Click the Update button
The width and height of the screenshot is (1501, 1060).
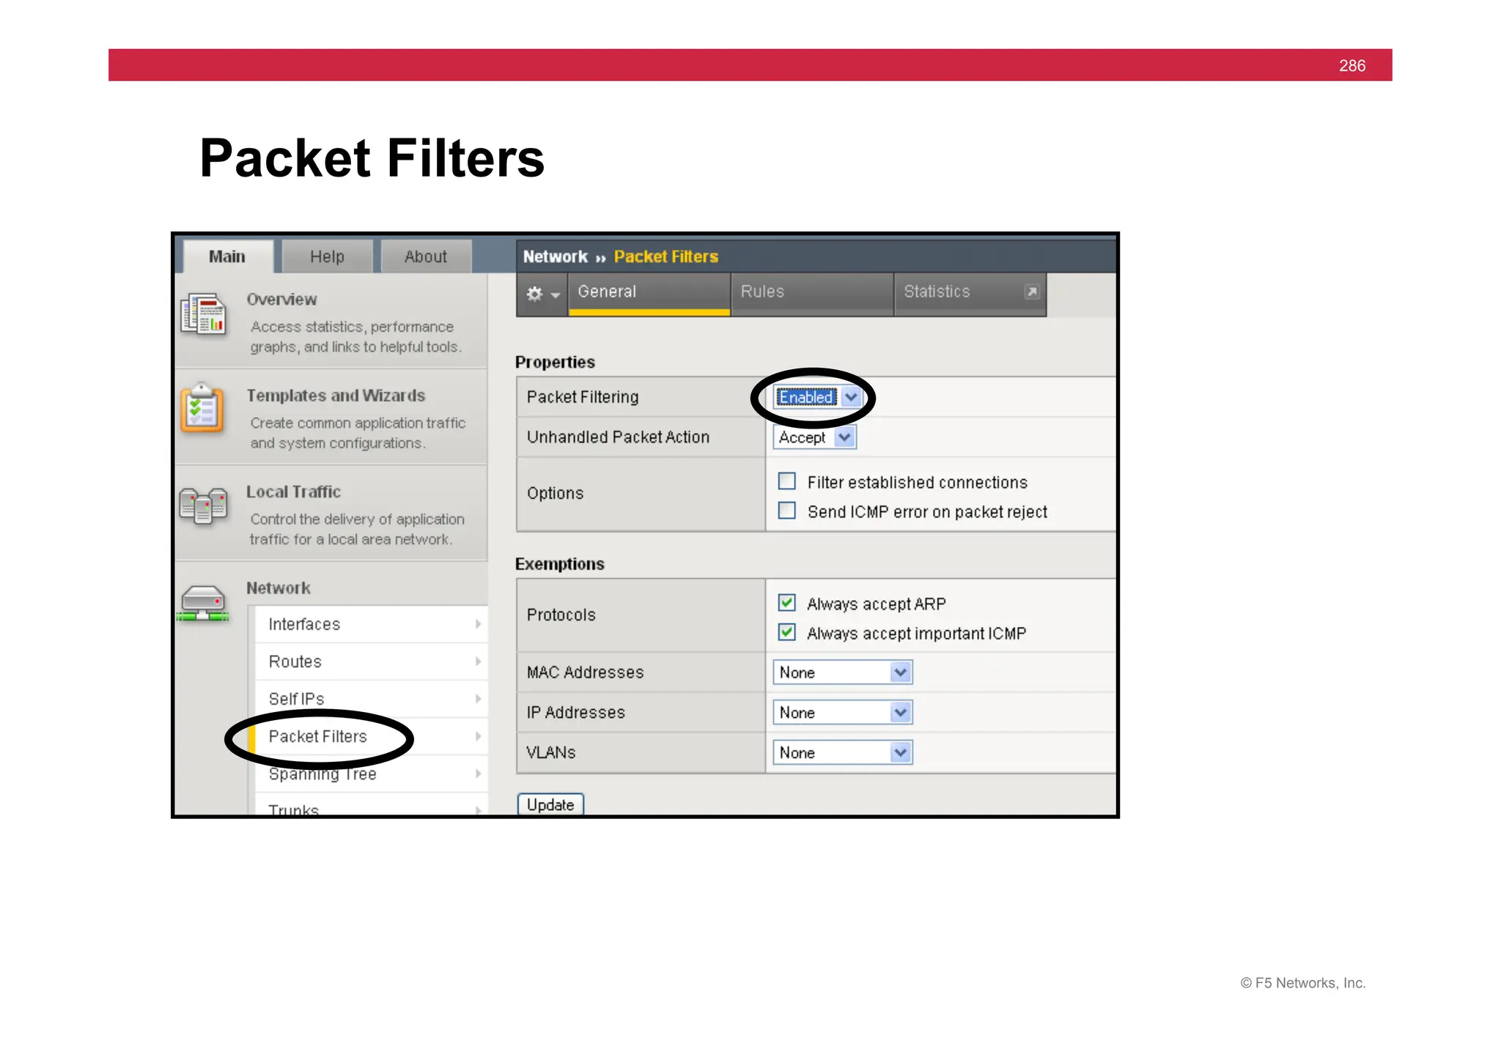click(x=550, y=804)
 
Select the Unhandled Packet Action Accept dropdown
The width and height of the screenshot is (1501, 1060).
click(x=814, y=437)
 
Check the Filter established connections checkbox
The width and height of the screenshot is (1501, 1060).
click(x=786, y=481)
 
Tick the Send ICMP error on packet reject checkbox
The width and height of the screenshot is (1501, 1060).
click(x=786, y=511)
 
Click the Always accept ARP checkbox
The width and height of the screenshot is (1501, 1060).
click(x=786, y=603)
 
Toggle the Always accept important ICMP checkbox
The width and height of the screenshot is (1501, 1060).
click(x=786, y=632)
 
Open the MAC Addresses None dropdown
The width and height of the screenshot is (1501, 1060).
click(x=842, y=672)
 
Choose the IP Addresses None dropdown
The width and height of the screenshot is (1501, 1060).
click(x=842, y=712)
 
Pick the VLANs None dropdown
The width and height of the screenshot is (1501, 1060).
click(x=842, y=752)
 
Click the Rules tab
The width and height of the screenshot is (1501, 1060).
click(x=762, y=292)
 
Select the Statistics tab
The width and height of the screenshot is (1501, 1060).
click(x=937, y=292)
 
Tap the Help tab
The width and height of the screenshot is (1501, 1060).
click(x=327, y=256)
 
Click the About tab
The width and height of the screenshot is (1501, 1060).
click(x=426, y=256)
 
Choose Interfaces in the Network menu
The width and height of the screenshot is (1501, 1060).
click(x=304, y=624)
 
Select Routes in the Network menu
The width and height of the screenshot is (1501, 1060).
click(x=295, y=661)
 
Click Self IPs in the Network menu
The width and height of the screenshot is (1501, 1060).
click(x=296, y=699)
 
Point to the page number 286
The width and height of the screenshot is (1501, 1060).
click(x=1351, y=66)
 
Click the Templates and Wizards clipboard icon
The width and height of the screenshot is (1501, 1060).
click(x=202, y=409)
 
